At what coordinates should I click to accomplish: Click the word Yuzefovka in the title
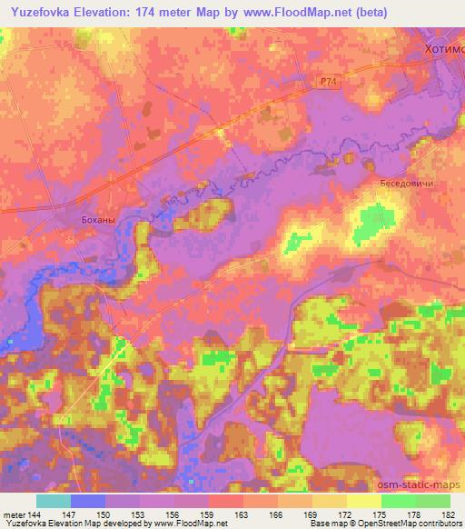(45, 13)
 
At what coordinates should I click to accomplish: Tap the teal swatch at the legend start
(53, 501)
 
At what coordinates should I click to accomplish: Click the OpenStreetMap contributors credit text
(409, 524)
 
